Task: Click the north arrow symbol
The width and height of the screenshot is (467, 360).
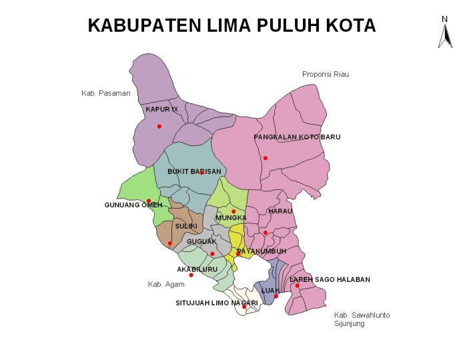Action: [x=444, y=33]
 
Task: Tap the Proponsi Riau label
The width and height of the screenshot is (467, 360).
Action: [x=326, y=74]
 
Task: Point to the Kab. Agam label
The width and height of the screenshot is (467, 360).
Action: [x=166, y=285]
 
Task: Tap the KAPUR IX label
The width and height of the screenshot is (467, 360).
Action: [x=162, y=109]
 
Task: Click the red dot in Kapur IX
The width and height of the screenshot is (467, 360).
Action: [x=159, y=126]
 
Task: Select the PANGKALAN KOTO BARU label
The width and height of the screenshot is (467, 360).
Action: [x=297, y=137]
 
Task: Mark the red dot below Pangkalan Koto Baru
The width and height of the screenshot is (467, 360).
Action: [x=265, y=158]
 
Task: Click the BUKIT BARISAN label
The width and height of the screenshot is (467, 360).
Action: [x=194, y=171]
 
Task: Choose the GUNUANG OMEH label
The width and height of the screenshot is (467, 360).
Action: [x=133, y=205]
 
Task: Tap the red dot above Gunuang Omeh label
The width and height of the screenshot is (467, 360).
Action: [x=148, y=201]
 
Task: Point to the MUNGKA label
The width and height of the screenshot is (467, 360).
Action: [x=231, y=217]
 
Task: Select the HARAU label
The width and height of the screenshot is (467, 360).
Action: [x=280, y=211]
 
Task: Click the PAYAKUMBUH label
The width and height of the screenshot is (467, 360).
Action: [x=262, y=251]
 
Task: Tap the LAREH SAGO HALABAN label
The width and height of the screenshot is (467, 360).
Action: [x=330, y=279]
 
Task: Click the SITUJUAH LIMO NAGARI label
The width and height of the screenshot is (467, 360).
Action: [x=217, y=303]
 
